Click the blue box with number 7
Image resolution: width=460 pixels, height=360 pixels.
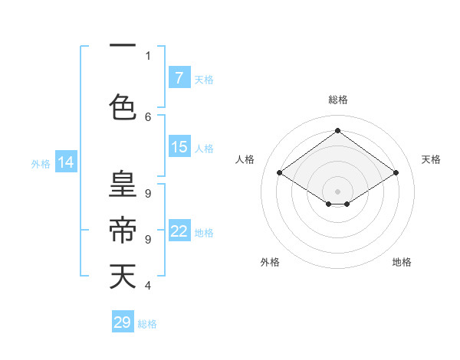click(x=179, y=78)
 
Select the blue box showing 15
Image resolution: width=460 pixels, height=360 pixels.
click(x=179, y=147)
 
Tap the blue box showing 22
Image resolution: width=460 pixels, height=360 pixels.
click(x=179, y=231)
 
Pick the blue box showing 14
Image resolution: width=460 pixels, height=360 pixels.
click(x=65, y=162)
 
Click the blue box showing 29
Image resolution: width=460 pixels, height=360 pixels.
click(x=122, y=322)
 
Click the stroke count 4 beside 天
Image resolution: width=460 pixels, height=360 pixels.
click(x=148, y=286)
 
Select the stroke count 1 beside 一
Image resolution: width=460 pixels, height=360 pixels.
click(x=148, y=55)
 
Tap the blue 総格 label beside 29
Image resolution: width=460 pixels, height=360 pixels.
click(x=147, y=324)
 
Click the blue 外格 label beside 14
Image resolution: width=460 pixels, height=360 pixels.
click(x=40, y=163)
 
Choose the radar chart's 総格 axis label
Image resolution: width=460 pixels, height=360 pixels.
click(x=337, y=100)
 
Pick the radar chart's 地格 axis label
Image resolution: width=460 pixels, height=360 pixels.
click(x=402, y=262)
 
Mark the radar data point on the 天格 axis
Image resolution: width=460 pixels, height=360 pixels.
click(x=396, y=173)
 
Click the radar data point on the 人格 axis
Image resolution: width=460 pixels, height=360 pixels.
click(x=280, y=173)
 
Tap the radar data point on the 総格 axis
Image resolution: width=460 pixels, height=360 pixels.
click(x=337, y=131)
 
